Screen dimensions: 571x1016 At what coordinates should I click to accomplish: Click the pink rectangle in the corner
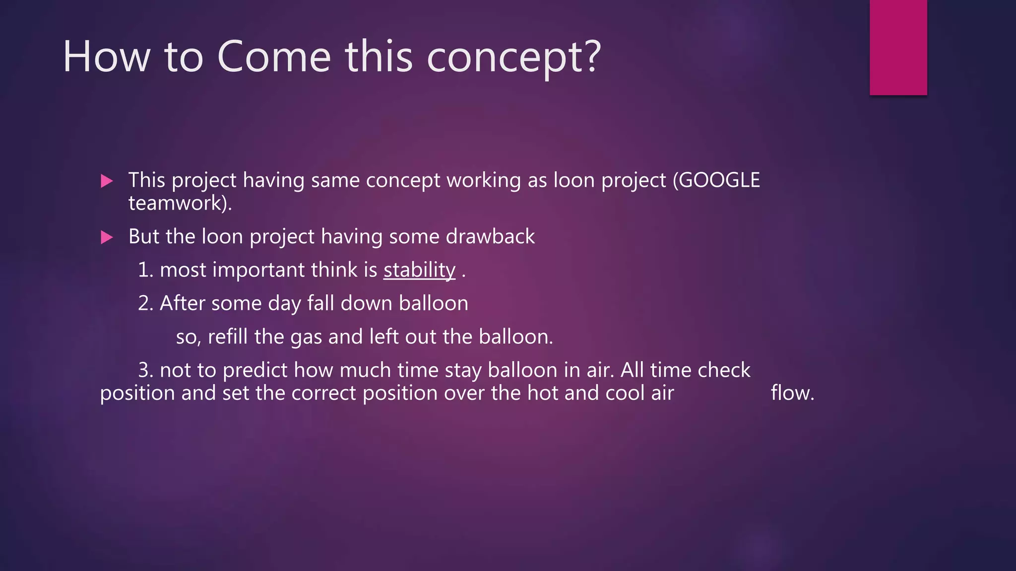tap(898, 47)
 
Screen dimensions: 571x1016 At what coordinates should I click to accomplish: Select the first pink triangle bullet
tap(107, 181)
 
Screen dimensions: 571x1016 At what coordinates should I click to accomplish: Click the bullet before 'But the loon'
tap(107, 237)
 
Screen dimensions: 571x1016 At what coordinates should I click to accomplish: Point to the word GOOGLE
tap(719, 180)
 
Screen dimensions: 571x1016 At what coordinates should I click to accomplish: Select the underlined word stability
tap(419, 270)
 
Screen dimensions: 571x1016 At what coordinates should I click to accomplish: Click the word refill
tap(228, 337)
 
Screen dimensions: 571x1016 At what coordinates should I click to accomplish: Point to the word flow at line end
tap(792, 393)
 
